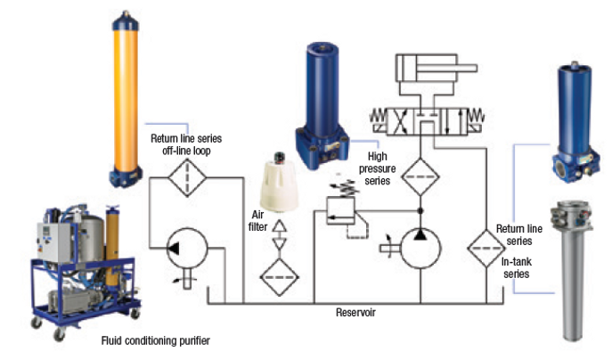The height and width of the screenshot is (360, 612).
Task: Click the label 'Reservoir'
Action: pyautogui.click(x=356, y=314)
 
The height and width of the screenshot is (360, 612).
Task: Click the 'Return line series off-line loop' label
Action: pyautogui.click(x=187, y=144)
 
